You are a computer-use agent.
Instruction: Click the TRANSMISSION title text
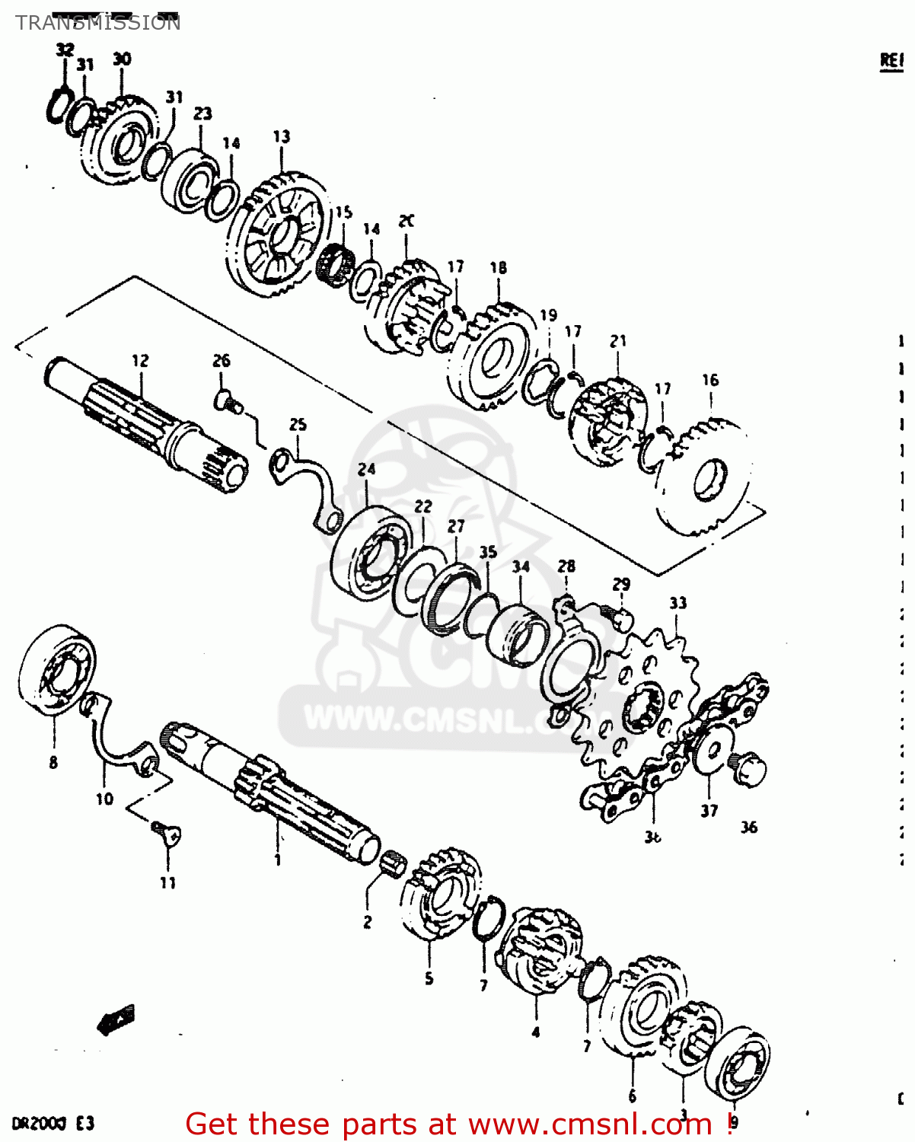pos(97,23)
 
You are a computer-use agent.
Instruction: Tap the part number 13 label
pos(282,136)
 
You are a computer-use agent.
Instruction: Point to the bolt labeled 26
pos(228,400)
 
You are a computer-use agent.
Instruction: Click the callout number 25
pos(298,424)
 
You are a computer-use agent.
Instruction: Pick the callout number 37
pos(709,811)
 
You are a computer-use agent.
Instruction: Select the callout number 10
pos(104,799)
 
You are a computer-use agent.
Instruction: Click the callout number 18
pos(499,267)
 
